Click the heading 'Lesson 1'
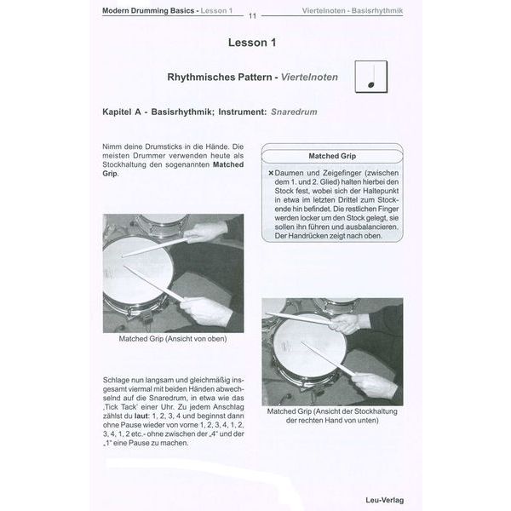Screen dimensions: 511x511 pos(253,42)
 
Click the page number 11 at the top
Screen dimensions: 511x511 pos(253,15)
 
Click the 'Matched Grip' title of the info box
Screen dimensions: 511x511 pos(333,157)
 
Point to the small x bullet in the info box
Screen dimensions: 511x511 pos(270,173)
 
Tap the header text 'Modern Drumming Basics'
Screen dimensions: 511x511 pos(149,10)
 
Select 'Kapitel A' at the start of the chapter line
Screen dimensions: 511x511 pos(123,112)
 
